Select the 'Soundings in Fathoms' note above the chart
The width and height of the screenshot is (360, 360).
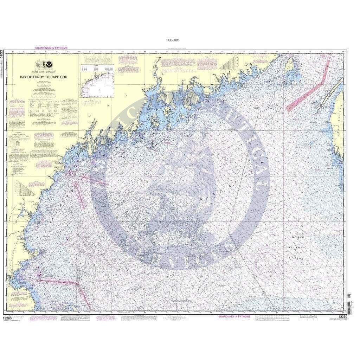point(51,48)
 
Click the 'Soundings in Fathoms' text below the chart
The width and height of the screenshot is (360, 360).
point(234,316)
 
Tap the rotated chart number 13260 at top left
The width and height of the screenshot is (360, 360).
point(2,53)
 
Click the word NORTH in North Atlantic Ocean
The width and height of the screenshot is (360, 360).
point(297,238)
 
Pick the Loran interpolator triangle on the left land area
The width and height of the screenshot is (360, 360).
point(24,189)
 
